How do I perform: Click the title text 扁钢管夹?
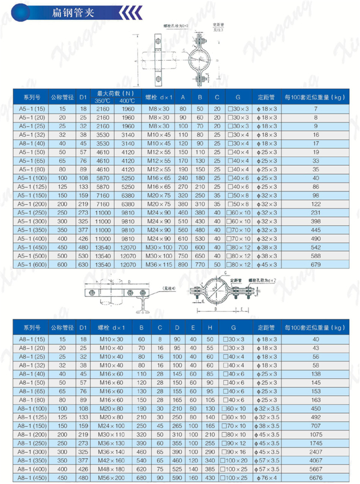pos(71,11)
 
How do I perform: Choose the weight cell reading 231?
pos(315,212)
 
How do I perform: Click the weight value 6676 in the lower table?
pos(316,479)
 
